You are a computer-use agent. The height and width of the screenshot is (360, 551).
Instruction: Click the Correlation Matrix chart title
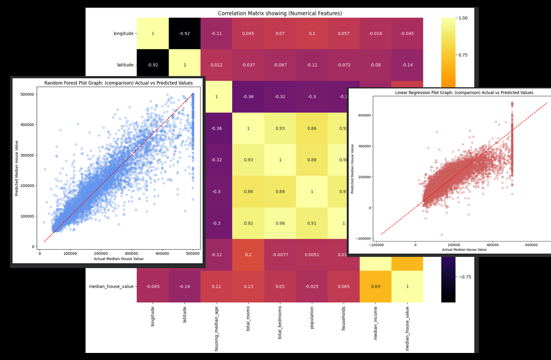(280, 13)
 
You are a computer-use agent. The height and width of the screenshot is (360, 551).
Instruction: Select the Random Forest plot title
(118, 83)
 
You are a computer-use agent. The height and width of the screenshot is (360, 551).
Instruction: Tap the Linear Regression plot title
(464, 93)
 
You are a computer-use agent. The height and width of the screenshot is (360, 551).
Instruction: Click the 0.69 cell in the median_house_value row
(376, 286)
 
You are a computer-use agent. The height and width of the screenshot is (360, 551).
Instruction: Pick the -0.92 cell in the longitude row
(185, 33)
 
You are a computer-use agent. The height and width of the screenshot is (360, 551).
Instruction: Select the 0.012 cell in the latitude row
(216, 65)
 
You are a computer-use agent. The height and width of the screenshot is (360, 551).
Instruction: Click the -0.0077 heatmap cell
(280, 254)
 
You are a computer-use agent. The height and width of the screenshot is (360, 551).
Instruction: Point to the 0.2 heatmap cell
(248, 254)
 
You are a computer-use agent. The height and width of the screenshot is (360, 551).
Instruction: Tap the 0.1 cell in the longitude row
(312, 33)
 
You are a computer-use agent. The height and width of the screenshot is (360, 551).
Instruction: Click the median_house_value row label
(111, 286)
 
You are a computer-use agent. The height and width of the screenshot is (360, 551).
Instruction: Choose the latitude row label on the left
(125, 65)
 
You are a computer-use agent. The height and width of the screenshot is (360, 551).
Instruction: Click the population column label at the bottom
(312, 317)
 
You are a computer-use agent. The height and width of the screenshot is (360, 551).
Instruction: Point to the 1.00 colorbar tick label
(463, 18)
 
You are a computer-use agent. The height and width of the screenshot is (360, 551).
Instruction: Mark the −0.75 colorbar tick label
(464, 277)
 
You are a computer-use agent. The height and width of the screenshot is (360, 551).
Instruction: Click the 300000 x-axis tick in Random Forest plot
(132, 253)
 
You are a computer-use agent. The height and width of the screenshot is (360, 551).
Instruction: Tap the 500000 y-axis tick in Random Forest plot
(27, 94)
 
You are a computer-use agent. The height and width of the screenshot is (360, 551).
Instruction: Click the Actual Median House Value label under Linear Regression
(464, 250)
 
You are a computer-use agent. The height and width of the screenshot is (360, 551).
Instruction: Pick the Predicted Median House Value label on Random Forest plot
(17, 168)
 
